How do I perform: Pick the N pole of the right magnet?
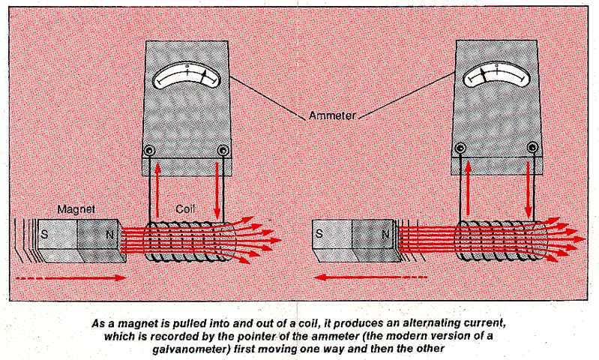[385, 233]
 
